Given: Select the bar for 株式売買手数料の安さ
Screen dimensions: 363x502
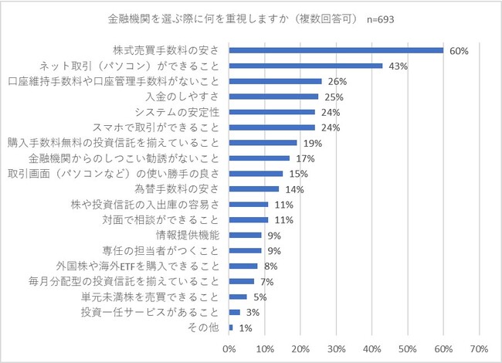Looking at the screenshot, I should click(x=336, y=50).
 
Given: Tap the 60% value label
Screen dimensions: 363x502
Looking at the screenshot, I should click(x=459, y=51).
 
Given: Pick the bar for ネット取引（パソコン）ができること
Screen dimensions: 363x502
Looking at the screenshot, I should click(x=306, y=66).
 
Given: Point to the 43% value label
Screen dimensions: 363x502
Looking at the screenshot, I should click(x=399, y=66).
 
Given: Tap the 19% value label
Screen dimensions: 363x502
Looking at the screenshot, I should click(x=313, y=144).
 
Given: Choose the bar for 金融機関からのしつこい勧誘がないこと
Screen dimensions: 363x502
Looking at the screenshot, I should click(x=259, y=158).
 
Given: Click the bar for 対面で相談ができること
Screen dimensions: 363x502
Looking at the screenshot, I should click(x=249, y=220).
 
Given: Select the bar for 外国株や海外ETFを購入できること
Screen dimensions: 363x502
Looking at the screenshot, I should click(x=243, y=266).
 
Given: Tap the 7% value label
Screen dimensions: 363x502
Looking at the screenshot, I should click(x=267, y=282).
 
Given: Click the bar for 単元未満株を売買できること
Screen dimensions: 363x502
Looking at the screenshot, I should click(x=238, y=297).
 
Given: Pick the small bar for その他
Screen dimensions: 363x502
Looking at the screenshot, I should click(x=231, y=327).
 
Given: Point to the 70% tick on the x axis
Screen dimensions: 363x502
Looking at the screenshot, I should click(x=479, y=348).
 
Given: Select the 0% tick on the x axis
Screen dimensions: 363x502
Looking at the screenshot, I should click(x=229, y=348).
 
